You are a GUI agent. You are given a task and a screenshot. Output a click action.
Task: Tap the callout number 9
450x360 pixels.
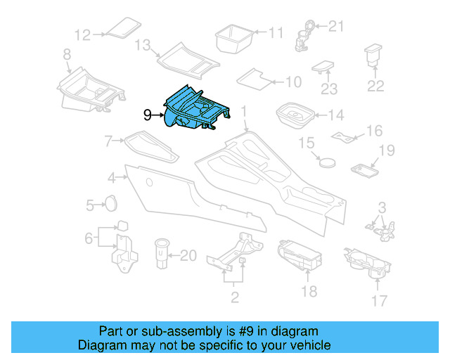[x=147, y=115]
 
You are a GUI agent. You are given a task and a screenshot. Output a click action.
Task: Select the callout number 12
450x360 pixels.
[x=83, y=34]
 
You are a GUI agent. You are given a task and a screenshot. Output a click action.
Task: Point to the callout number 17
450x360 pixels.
[x=379, y=301]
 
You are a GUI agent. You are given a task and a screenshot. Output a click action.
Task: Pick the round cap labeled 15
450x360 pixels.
[x=326, y=161]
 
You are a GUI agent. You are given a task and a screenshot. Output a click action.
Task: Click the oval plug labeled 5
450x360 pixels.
[x=110, y=204]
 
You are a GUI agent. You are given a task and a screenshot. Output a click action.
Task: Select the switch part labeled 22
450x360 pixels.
[x=373, y=56]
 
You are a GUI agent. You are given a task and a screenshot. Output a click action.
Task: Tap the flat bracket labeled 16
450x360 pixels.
[x=344, y=135]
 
